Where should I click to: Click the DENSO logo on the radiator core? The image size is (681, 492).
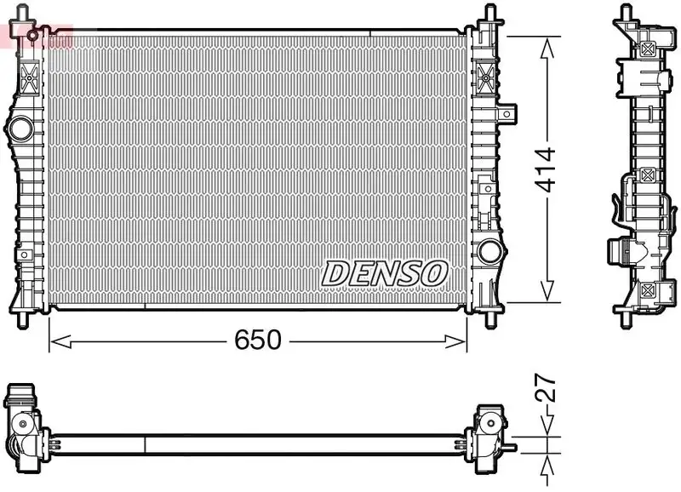[x=385, y=273]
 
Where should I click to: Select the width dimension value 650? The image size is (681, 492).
[x=257, y=340]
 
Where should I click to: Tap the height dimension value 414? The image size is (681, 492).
[x=545, y=169]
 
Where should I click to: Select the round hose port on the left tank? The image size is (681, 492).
[x=19, y=129]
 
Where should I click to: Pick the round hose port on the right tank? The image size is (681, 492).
[x=489, y=251]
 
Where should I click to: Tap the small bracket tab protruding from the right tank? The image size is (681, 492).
[x=508, y=112]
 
